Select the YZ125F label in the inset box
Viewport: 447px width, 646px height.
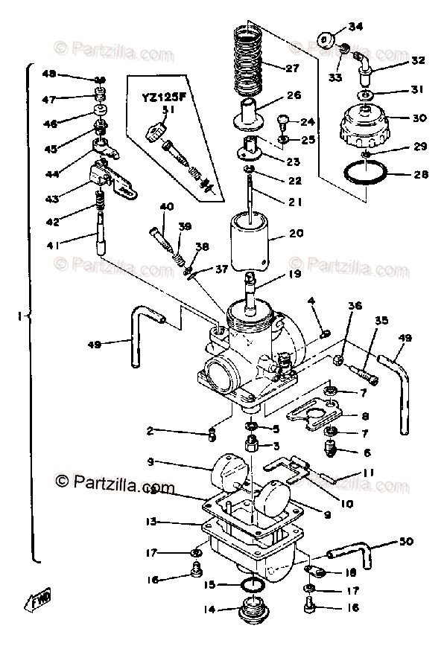(x=159, y=96)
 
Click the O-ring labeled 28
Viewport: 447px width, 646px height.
(x=365, y=176)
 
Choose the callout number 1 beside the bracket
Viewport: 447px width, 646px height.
(x=20, y=316)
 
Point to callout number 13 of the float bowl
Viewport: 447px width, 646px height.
(x=152, y=522)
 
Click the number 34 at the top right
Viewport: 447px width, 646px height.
(x=355, y=27)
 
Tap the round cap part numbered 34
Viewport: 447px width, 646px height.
(x=326, y=37)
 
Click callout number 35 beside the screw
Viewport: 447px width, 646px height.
(x=382, y=322)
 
